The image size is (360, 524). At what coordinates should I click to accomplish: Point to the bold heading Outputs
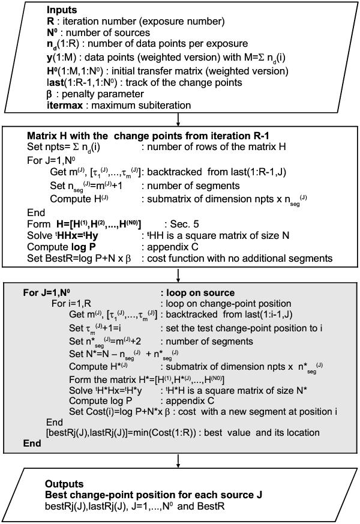click(x=64, y=483)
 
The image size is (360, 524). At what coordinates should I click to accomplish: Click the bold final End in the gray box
click(x=31, y=444)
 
